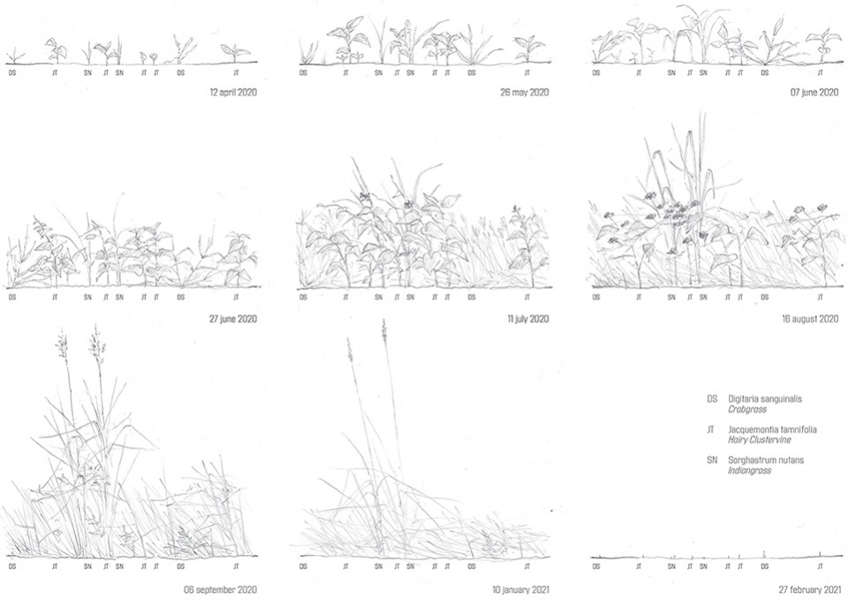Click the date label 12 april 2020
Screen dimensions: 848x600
click(233, 92)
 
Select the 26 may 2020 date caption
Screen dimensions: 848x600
click(525, 92)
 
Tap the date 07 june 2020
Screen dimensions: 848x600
click(814, 92)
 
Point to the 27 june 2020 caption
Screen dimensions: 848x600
click(233, 319)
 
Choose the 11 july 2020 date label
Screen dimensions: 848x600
click(528, 319)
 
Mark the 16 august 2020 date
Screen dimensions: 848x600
click(810, 319)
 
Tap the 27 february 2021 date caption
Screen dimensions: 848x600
click(810, 589)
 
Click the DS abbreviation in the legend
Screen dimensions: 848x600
click(712, 399)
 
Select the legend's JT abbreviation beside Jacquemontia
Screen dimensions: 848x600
click(710, 429)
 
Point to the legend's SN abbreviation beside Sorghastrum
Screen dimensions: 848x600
click(712, 460)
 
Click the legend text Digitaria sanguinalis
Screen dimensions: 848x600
click(765, 399)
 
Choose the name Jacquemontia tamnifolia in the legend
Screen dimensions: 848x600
click(772, 430)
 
